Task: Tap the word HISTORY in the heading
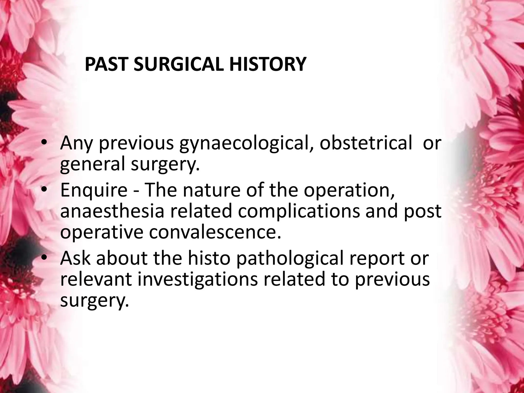point(267,64)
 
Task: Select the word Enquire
point(94,191)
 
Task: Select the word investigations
point(198,279)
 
